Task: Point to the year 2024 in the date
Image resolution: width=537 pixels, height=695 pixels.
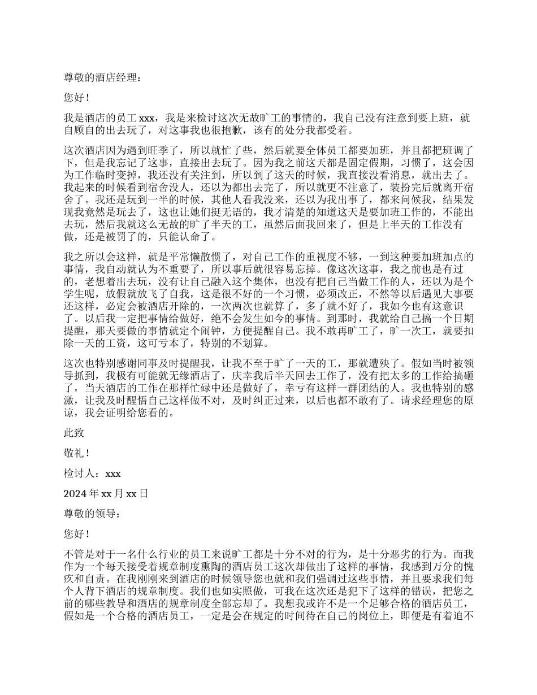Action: (76, 493)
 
